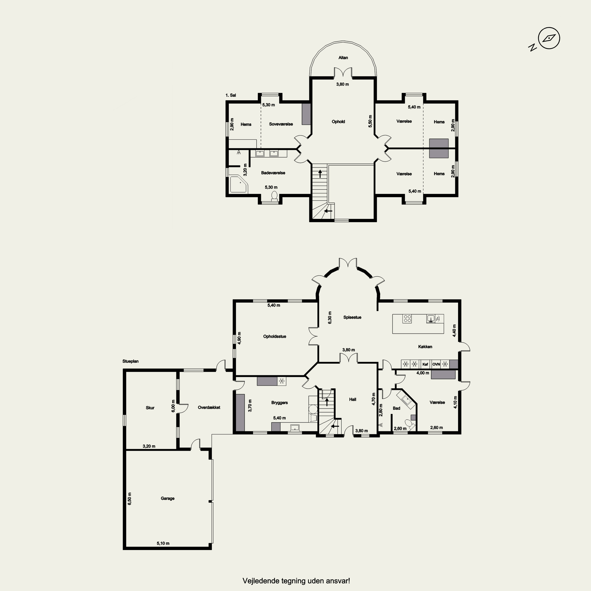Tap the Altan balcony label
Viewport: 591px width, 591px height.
pyautogui.click(x=343, y=58)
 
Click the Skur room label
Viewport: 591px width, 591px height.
pyautogui.click(x=150, y=408)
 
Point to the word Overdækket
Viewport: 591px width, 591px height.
pyautogui.click(x=209, y=407)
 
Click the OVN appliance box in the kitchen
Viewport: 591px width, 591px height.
pyautogui.click(x=436, y=364)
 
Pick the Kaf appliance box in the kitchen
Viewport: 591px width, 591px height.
pyautogui.click(x=425, y=364)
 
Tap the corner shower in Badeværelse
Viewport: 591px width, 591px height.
pyautogui.click(x=239, y=184)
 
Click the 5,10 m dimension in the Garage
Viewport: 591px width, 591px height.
pyautogui.click(x=163, y=543)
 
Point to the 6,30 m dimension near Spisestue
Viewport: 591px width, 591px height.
pyautogui.click(x=330, y=318)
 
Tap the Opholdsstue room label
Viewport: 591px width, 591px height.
pyautogui.click(x=274, y=336)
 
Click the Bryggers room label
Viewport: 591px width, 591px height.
pyautogui.click(x=279, y=402)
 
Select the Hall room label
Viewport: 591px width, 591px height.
pyautogui.click(x=352, y=400)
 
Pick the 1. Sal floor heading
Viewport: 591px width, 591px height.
pyautogui.click(x=231, y=95)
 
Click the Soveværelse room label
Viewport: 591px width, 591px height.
pyautogui.click(x=281, y=124)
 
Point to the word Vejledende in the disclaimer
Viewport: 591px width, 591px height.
pyautogui.click(x=257, y=581)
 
